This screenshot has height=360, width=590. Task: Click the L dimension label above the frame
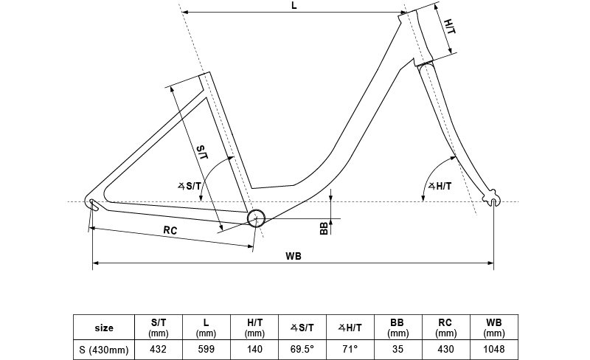coord(294,5)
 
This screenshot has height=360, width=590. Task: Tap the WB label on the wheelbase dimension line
coord(293,257)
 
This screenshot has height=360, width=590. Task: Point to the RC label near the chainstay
coord(170,230)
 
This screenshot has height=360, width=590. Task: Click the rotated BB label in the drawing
coord(324,228)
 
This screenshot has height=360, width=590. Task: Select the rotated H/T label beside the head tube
coord(450,27)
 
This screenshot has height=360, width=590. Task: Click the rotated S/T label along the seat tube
coord(202,152)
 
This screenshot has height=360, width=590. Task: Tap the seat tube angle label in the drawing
coord(190,186)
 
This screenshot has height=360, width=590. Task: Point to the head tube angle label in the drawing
coord(440,186)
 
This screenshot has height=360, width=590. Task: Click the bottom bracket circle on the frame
coord(256,218)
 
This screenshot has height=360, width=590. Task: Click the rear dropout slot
coord(94,205)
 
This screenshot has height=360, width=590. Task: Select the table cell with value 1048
coord(494,350)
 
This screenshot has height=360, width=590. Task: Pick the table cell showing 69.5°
coord(302,350)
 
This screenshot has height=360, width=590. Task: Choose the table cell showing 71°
coord(350,350)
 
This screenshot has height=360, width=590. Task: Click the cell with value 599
coord(206,350)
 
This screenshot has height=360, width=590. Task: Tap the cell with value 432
coord(159,350)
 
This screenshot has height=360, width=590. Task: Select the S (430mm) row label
coord(104,350)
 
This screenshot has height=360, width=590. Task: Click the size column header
coord(104,328)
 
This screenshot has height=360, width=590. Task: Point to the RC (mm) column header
coord(446,328)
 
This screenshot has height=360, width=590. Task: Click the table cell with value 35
coord(398,350)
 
